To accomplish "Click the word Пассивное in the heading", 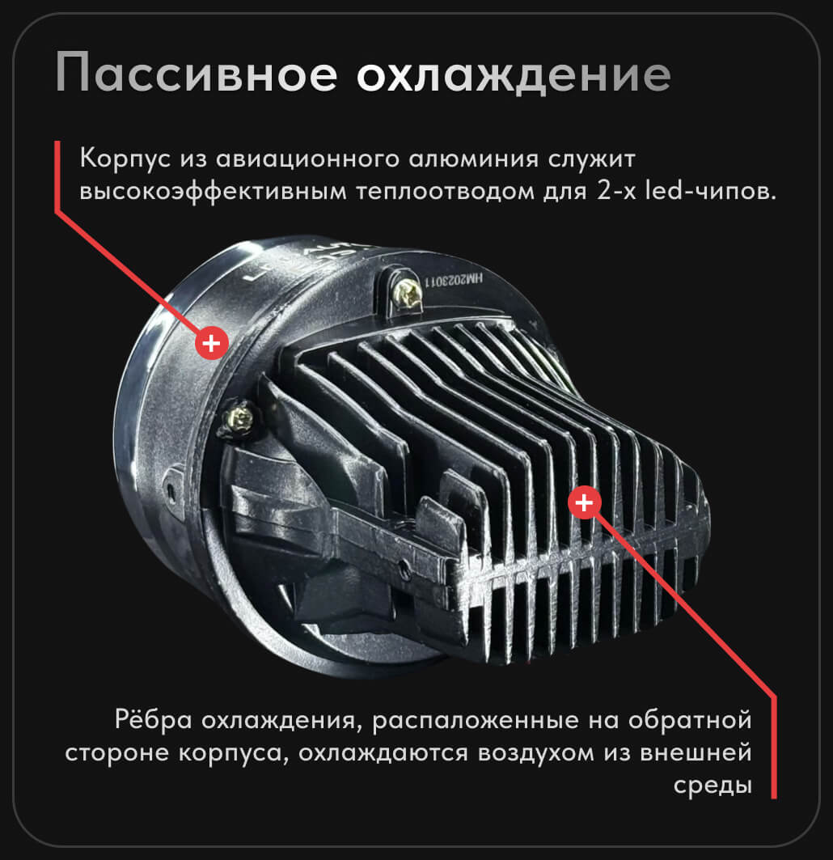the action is pyautogui.click(x=197, y=73).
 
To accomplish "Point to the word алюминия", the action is pyautogui.click(x=474, y=159).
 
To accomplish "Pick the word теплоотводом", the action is pyautogui.click(x=445, y=193).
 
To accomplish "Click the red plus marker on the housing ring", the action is pyautogui.click(x=212, y=343).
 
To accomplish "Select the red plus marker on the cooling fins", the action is pyautogui.click(x=585, y=502).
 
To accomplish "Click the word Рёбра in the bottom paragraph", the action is pyautogui.click(x=154, y=719).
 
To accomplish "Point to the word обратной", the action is pyautogui.click(x=690, y=719).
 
